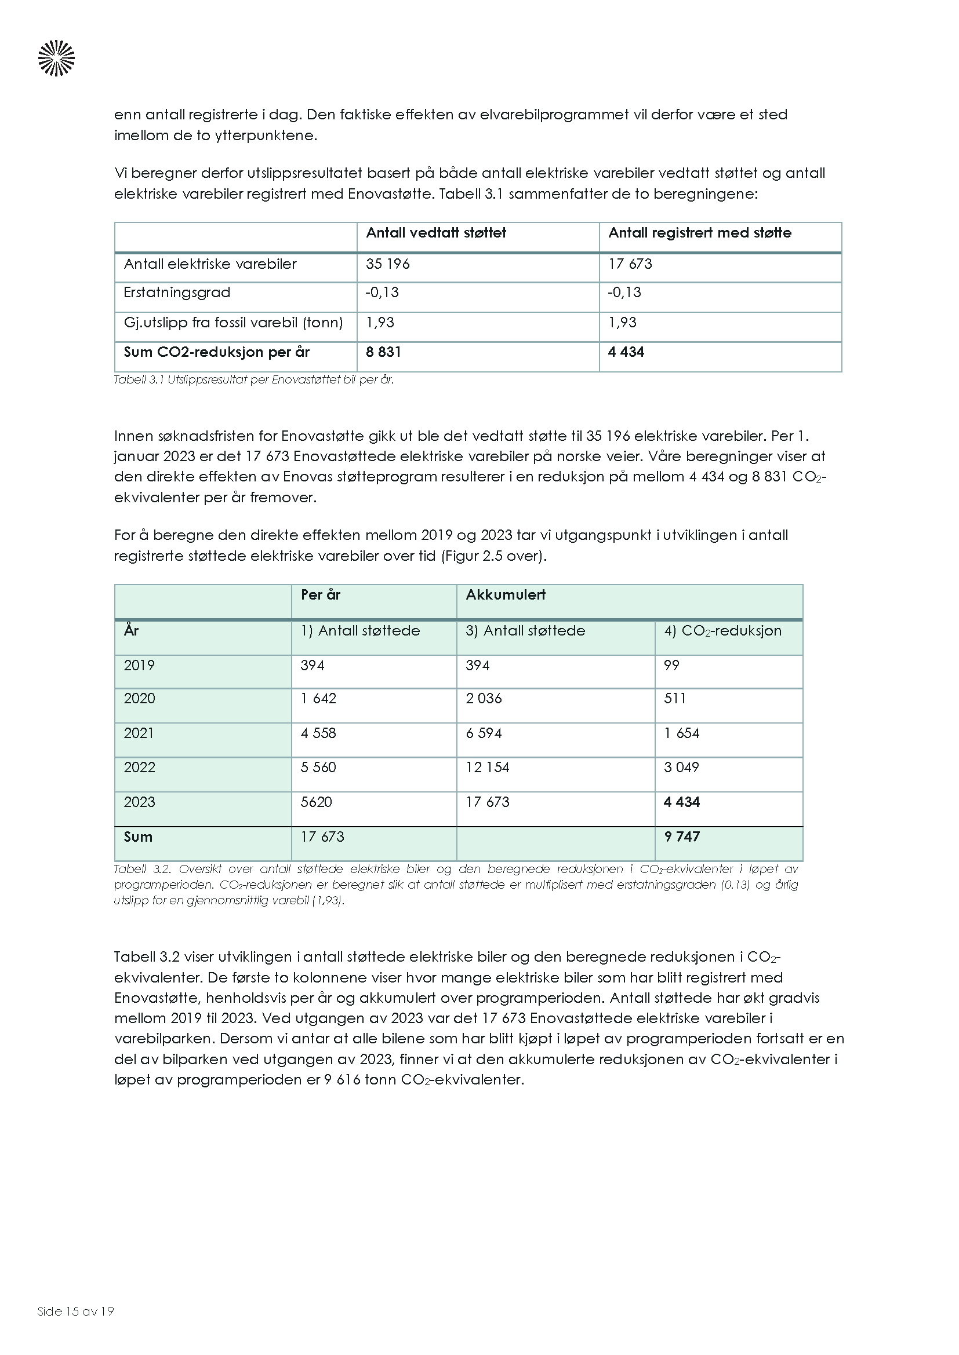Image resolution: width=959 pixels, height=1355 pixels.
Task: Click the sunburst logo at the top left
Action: click(x=57, y=58)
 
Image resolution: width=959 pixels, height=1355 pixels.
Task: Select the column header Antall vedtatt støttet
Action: click(x=436, y=233)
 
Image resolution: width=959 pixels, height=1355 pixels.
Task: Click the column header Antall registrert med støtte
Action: click(x=700, y=233)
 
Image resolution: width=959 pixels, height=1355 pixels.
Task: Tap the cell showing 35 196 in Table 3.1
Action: click(x=387, y=264)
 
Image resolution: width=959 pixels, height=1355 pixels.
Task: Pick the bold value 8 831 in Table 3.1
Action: click(x=383, y=352)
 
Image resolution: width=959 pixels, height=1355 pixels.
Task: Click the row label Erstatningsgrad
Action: click(x=177, y=293)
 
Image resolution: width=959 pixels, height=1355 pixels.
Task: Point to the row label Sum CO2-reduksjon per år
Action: click(x=216, y=352)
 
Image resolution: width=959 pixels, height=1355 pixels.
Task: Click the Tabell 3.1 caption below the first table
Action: click(x=253, y=380)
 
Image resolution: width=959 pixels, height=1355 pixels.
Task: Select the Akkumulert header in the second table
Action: click(x=506, y=595)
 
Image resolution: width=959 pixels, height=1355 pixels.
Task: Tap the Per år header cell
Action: click(x=320, y=595)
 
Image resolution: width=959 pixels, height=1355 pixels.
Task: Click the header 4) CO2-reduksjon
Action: click(x=722, y=631)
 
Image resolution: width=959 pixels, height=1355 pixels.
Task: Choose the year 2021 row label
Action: click(x=139, y=733)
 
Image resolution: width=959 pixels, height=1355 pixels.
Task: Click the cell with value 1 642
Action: click(x=318, y=699)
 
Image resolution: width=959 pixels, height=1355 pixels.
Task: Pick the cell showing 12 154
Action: click(x=487, y=768)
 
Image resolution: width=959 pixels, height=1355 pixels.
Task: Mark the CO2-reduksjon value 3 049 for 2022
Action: click(x=681, y=768)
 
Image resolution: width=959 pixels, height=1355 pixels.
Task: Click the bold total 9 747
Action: click(x=681, y=837)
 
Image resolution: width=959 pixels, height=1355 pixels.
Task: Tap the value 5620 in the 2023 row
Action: click(x=317, y=802)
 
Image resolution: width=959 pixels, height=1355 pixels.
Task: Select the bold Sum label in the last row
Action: click(x=138, y=837)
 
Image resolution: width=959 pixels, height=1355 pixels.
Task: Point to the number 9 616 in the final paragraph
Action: click(x=343, y=1080)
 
